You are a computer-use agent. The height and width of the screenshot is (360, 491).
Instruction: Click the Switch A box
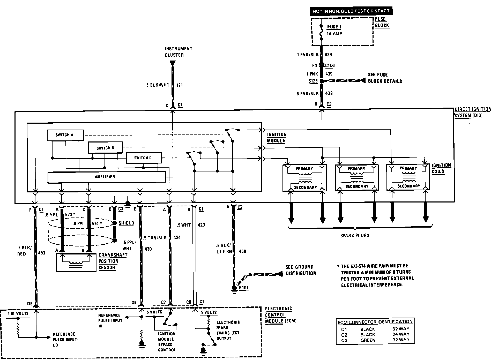(x=65, y=135)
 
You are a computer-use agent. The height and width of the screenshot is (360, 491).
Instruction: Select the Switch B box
(x=105, y=148)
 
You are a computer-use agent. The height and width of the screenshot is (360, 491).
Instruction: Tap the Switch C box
(x=144, y=158)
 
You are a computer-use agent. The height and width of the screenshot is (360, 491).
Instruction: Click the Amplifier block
(x=106, y=177)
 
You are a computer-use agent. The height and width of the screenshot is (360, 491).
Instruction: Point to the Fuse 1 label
(x=334, y=27)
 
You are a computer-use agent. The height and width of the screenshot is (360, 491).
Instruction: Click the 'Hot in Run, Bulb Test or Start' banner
(x=351, y=11)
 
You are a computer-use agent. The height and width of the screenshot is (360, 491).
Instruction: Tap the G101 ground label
(x=243, y=288)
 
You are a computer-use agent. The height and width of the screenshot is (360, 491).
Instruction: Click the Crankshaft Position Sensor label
(x=113, y=261)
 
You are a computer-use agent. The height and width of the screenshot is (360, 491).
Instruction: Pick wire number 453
(x=41, y=253)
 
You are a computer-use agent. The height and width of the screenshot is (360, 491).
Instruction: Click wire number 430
(x=148, y=249)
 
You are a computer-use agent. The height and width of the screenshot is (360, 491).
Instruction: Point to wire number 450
(x=242, y=251)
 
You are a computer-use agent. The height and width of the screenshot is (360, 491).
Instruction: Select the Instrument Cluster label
(x=178, y=52)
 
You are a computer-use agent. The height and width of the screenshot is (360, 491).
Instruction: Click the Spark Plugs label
(x=354, y=235)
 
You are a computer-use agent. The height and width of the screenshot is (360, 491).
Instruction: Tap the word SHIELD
(x=126, y=223)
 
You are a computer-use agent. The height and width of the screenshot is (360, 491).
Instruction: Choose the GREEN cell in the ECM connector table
(x=368, y=340)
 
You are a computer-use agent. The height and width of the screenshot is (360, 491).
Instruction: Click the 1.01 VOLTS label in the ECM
(x=18, y=313)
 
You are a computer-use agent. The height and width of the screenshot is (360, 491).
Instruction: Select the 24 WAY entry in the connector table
(x=400, y=334)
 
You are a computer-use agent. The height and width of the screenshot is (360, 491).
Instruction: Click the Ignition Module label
(x=277, y=138)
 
